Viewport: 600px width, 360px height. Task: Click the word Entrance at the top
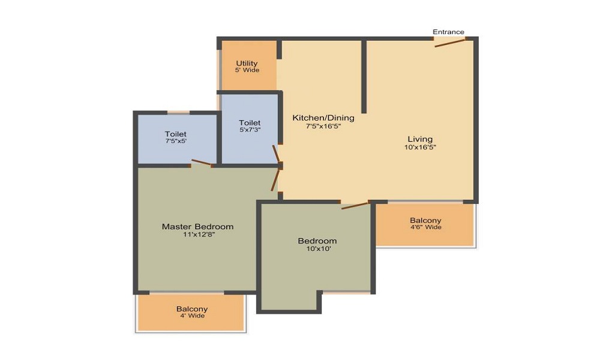pos(448,32)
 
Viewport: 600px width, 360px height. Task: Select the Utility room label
pos(247,63)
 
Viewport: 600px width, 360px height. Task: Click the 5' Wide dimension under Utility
pos(247,70)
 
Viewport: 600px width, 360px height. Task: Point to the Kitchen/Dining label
pos(323,118)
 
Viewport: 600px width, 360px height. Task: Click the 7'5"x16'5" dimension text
pos(323,126)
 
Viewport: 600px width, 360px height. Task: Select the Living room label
pos(420,139)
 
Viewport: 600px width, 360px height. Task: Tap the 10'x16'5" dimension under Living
pos(420,147)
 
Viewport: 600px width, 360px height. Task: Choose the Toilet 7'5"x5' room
pos(176,137)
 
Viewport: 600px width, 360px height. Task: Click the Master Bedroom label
pos(197,226)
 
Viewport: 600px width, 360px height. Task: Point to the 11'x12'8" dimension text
pos(197,235)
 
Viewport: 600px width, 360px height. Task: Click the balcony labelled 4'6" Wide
pos(425,224)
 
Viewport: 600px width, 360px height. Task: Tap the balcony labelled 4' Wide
pos(191,312)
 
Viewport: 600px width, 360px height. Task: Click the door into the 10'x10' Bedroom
pos(355,206)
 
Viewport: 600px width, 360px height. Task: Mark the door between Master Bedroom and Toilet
pos(202,162)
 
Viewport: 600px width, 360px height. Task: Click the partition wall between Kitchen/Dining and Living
pos(364,76)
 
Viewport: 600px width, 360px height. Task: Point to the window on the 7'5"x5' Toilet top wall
pos(178,112)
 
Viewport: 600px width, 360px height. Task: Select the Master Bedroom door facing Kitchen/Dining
pos(275,179)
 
